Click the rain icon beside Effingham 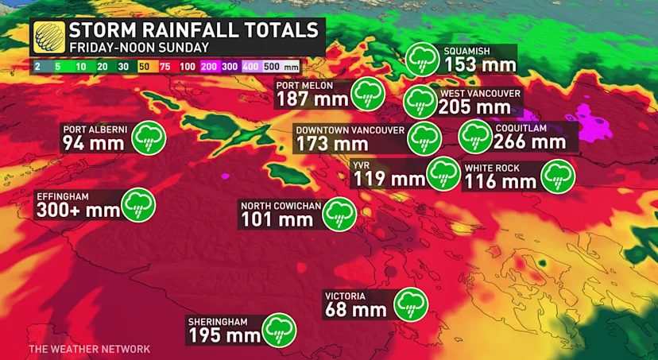click(138, 204)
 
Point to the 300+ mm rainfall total click(77, 211)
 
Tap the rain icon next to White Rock click(559, 176)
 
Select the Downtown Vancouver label click(350, 130)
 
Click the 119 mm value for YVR click(389, 178)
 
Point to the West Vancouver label click(480, 93)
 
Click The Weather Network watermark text click(89, 349)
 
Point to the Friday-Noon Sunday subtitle click(137, 48)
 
